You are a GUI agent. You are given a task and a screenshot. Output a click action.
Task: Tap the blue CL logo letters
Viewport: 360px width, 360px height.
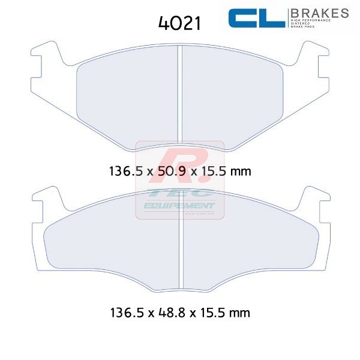point(256,19)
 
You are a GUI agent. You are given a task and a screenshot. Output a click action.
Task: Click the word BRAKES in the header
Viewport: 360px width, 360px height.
point(319,12)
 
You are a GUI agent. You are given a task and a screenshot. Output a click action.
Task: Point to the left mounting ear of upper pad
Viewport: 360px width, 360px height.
point(42,60)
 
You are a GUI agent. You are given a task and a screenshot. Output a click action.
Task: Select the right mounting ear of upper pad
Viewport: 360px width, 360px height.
point(317,60)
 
